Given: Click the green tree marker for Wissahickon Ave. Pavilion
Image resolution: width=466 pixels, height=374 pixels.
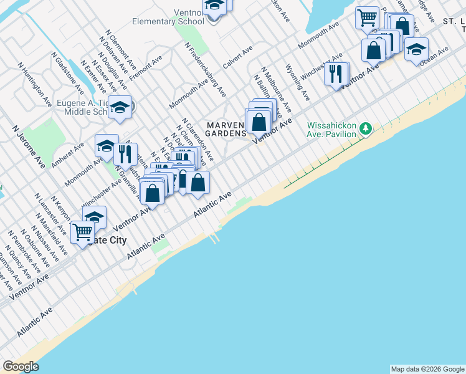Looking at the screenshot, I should [367, 129].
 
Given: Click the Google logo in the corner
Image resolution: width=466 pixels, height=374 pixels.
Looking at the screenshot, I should [21, 367].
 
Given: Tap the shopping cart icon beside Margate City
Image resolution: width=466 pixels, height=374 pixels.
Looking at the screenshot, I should [82, 233].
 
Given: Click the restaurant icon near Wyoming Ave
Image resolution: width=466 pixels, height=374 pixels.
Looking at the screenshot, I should [336, 74].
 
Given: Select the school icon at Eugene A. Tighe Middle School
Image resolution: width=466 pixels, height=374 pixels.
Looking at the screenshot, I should [120, 108].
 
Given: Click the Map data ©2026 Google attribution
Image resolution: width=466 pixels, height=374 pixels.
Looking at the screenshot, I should [427, 369].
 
